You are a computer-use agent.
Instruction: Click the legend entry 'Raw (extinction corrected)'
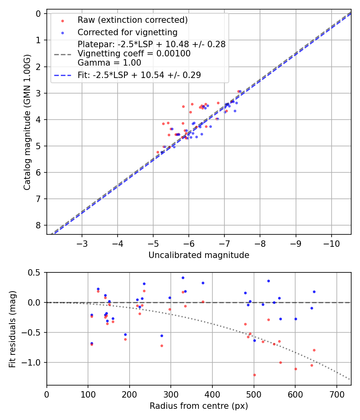[x=132, y=20]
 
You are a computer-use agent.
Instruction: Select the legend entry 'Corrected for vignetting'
[x=128, y=32]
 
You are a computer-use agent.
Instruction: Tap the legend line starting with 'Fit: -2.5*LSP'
[x=139, y=75]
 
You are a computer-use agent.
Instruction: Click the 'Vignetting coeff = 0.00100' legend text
[x=134, y=53]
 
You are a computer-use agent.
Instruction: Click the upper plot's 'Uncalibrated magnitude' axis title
[x=199, y=255]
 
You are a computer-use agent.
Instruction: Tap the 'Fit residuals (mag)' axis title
[x=12, y=329]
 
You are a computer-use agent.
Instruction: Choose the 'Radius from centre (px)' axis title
[x=199, y=406]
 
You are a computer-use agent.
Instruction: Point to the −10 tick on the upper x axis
[x=331, y=243]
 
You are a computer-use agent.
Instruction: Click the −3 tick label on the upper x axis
[x=82, y=243]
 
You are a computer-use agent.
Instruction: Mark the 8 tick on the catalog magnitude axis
[x=38, y=225]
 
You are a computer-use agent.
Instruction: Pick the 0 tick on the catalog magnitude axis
[x=38, y=14]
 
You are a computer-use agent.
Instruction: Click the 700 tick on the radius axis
[x=336, y=394]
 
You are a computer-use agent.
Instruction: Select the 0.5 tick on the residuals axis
[x=35, y=272]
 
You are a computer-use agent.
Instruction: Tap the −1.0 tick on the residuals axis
[x=33, y=362]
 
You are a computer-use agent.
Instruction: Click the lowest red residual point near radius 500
[x=254, y=375]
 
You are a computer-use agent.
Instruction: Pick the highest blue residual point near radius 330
[x=183, y=278]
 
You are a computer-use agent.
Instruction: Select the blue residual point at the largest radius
[x=314, y=292]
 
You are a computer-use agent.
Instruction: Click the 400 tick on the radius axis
[x=212, y=394]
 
